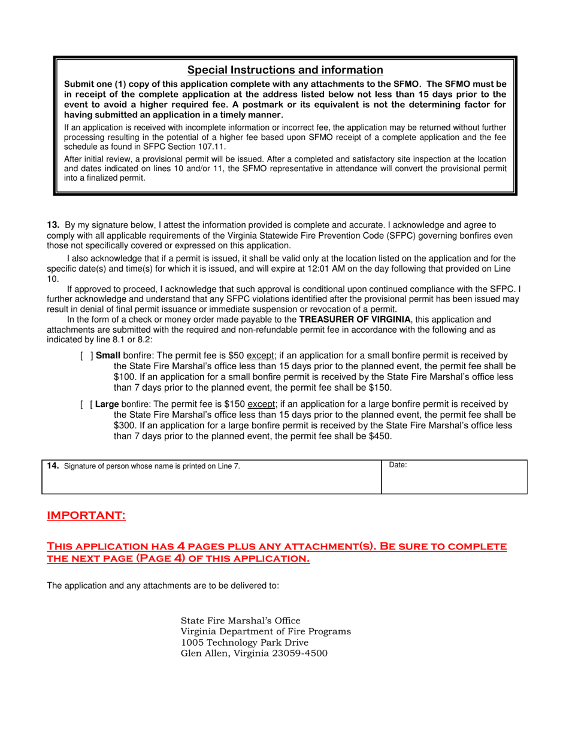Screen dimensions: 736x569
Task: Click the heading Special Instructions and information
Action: (x=285, y=70)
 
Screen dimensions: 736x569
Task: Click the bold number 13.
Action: (x=53, y=225)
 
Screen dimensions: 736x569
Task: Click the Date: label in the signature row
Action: (x=398, y=465)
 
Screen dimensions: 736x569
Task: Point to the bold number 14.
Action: (x=53, y=466)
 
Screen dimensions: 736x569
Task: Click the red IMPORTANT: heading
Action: (x=86, y=516)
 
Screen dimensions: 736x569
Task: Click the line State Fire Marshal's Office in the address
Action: (x=241, y=621)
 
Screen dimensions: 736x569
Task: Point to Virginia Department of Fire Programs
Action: (x=266, y=632)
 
